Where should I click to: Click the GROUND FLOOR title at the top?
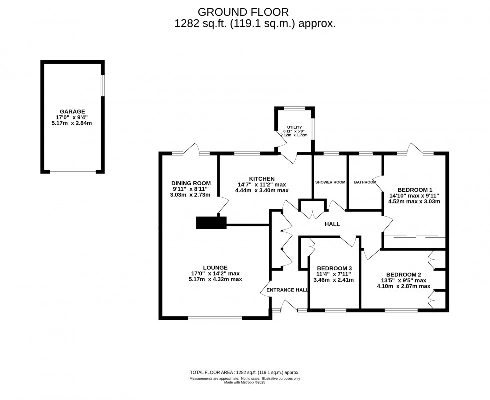[x=243, y=11]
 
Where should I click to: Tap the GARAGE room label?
[x=72, y=112]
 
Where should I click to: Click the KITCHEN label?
[x=262, y=178]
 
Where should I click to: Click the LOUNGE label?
[x=215, y=268]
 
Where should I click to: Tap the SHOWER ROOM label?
[x=330, y=182]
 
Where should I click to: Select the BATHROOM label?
[x=365, y=182]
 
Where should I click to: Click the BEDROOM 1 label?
[x=415, y=190]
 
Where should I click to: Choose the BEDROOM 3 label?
[x=334, y=268]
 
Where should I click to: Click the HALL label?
[x=332, y=224]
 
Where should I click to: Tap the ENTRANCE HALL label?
[x=287, y=290]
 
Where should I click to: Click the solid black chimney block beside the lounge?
[x=211, y=222]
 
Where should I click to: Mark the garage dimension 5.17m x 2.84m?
[x=72, y=123]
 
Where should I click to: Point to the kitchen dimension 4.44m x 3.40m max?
[x=262, y=190]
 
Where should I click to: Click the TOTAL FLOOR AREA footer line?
[x=244, y=372]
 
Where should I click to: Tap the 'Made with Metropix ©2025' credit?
[x=244, y=383]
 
